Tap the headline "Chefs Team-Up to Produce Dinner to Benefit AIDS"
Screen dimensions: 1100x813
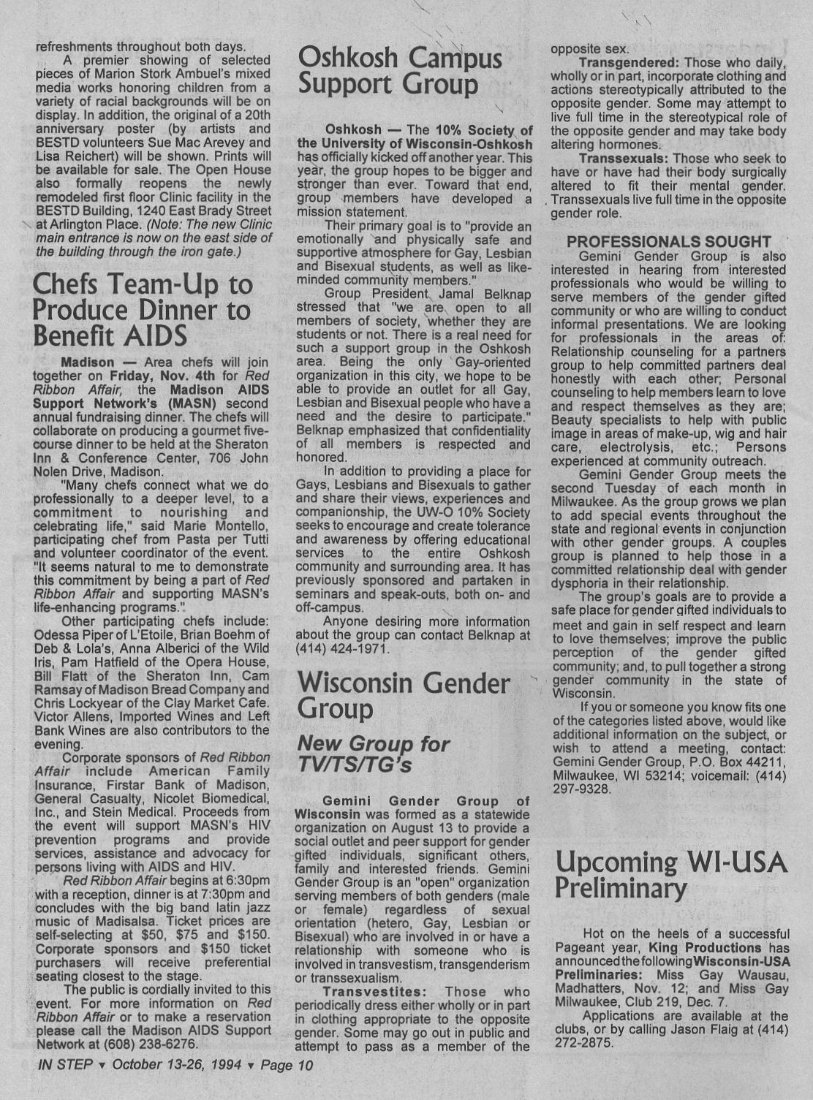click(x=143, y=310)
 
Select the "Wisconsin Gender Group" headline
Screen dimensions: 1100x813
click(x=404, y=695)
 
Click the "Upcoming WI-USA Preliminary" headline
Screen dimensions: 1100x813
click(x=670, y=875)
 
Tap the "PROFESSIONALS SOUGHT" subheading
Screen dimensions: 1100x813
click(x=668, y=242)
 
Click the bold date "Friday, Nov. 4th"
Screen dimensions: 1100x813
click(x=155, y=376)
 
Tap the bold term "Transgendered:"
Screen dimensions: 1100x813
click(x=629, y=63)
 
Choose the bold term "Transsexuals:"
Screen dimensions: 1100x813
click(x=624, y=159)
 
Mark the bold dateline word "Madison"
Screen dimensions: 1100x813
click(x=88, y=363)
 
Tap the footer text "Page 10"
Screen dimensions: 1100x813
click(x=287, y=1065)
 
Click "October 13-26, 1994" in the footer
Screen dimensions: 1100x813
click(x=178, y=1065)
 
